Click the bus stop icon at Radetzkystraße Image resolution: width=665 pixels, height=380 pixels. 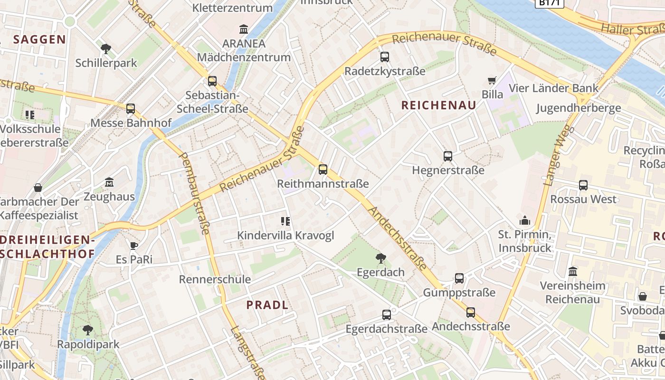pyautogui.click(x=385, y=57)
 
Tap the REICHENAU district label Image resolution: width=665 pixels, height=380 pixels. pyautogui.click(x=438, y=105)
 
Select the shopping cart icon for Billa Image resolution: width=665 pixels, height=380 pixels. pyautogui.click(x=492, y=80)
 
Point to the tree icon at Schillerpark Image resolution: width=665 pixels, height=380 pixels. pyautogui.click(x=106, y=48)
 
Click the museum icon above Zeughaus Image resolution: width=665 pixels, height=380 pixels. pyautogui.click(x=109, y=182)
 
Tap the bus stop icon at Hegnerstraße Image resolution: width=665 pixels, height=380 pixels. pyautogui.click(x=447, y=156)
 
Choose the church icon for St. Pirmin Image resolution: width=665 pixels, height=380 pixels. pyautogui.click(x=525, y=220)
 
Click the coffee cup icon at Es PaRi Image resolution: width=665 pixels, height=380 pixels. pyautogui.click(x=134, y=246)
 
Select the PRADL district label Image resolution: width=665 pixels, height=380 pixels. pyautogui.click(x=267, y=305)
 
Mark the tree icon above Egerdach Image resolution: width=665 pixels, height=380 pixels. pyautogui.click(x=380, y=258)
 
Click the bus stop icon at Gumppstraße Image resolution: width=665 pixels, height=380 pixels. pyautogui.click(x=459, y=278)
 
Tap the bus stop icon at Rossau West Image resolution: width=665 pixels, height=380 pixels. pyautogui.click(x=583, y=185)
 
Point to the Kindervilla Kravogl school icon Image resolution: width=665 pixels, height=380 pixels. pyautogui.click(x=285, y=221)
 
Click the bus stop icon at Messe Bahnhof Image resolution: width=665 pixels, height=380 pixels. pyautogui.click(x=131, y=109)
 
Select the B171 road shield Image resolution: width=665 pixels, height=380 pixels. pyautogui.click(x=549, y=3)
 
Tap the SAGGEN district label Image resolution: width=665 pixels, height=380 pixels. pyautogui.click(x=39, y=39)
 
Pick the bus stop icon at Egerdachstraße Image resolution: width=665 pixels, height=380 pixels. pyautogui.click(x=387, y=314)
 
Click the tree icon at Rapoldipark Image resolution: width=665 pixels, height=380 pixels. pyautogui.click(x=88, y=330)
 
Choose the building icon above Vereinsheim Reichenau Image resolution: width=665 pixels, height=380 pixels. pyautogui.click(x=573, y=272)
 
